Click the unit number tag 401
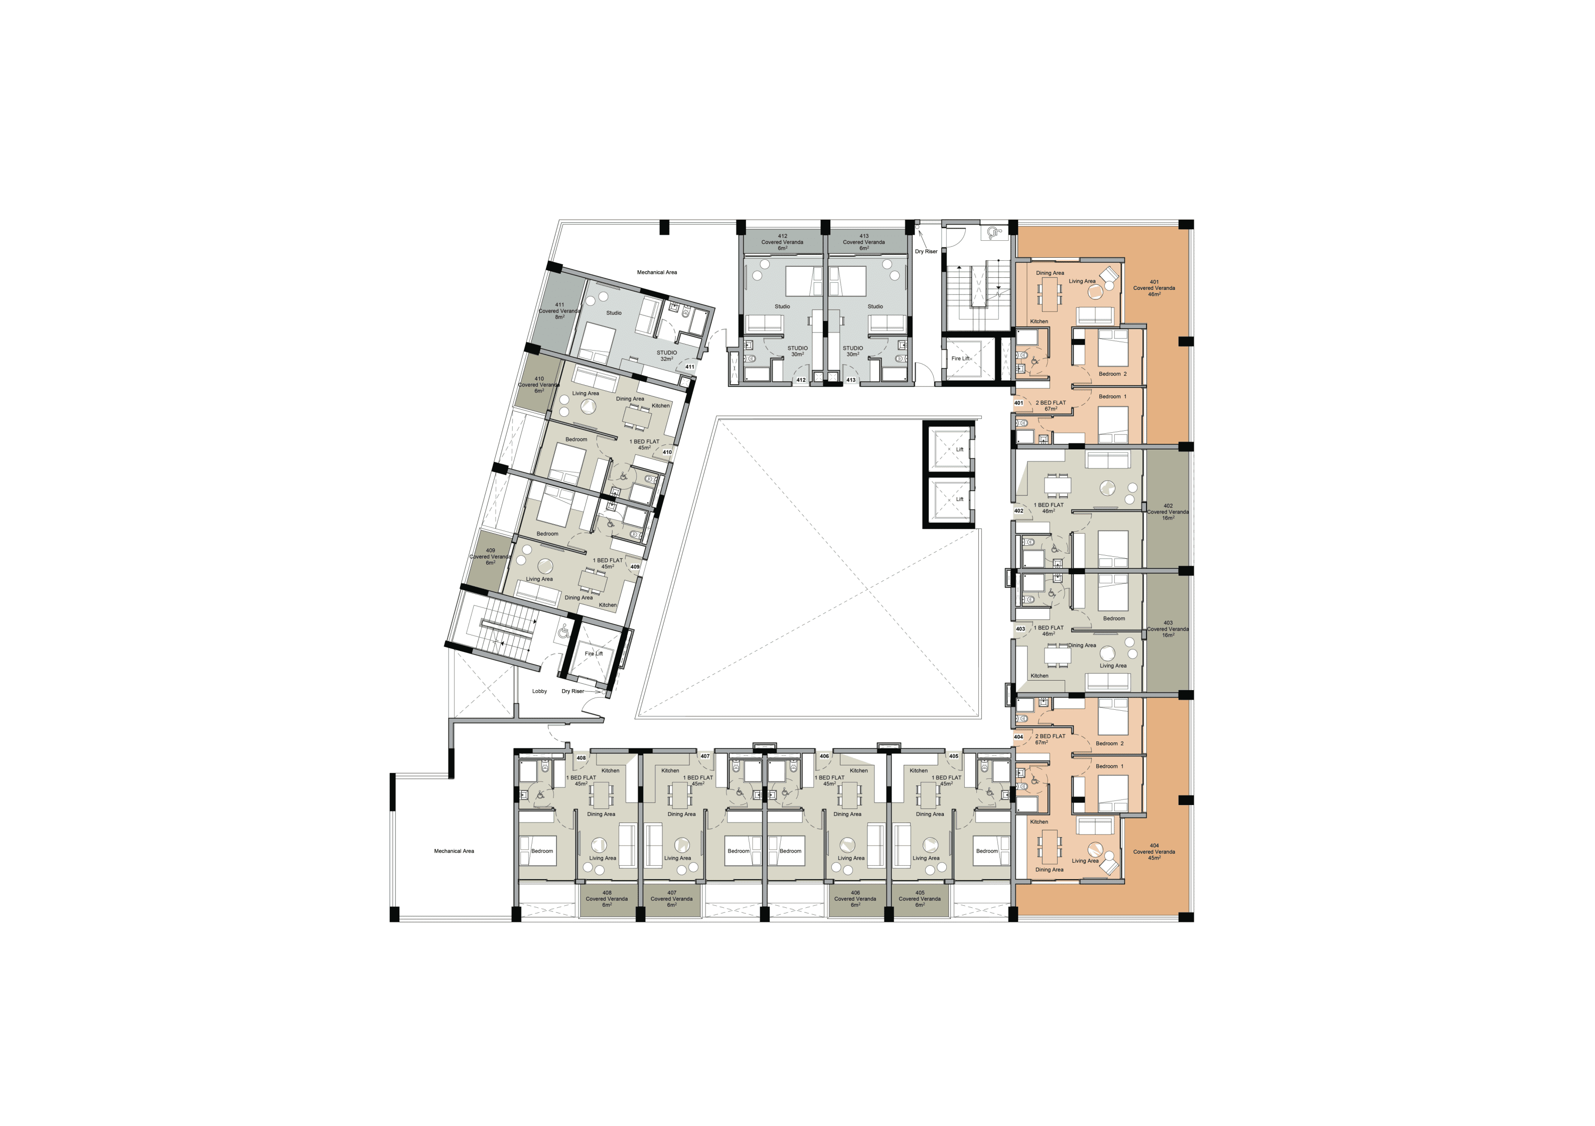point(1019,403)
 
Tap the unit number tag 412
point(801,380)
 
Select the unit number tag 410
point(667,452)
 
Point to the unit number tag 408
point(581,758)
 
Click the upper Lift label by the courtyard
point(959,449)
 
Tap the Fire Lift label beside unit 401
point(961,359)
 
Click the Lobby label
point(540,691)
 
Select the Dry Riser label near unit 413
point(926,251)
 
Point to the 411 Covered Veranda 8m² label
point(559,311)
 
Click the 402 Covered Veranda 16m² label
point(1168,512)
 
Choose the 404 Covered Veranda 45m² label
point(1154,852)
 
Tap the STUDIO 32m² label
point(667,356)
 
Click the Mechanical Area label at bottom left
point(455,851)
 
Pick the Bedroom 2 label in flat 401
point(1113,374)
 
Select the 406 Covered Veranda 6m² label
point(855,899)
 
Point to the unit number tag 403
point(1021,628)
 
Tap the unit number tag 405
point(954,756)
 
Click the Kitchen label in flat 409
point(608,605)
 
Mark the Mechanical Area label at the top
point(657,272)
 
